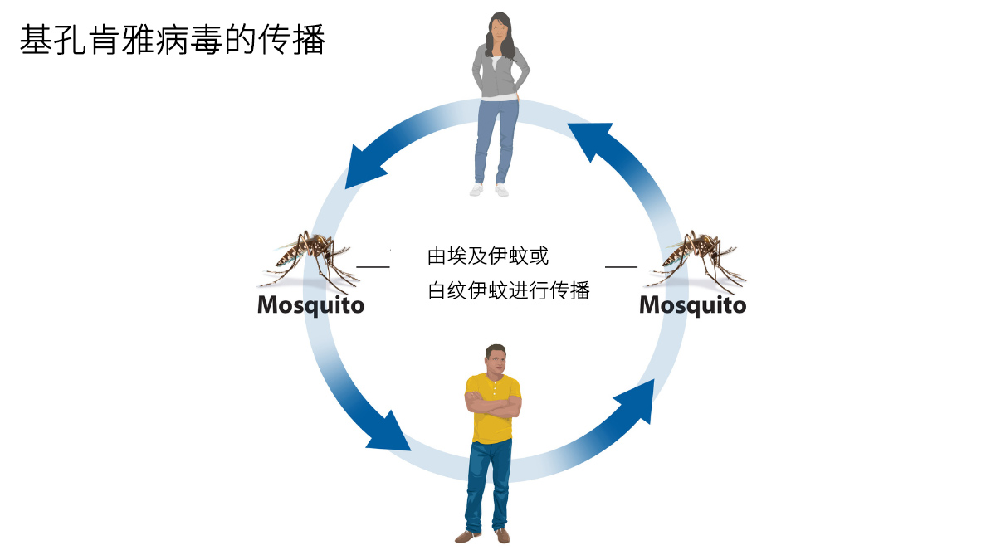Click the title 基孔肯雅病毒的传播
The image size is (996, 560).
point(172,40)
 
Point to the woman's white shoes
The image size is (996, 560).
point(489,189)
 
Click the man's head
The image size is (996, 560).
point(496,359)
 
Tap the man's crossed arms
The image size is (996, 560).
point(493,404)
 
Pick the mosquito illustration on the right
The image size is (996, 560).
point(697,256)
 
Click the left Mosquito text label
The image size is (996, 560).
point(310,305)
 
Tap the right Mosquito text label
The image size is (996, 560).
point(692,305)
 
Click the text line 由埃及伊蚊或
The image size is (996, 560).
point(487,256)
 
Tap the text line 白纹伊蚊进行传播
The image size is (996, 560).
point(508,291)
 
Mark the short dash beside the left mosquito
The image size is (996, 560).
point(373,266)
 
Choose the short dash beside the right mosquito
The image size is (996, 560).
point(621,266)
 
